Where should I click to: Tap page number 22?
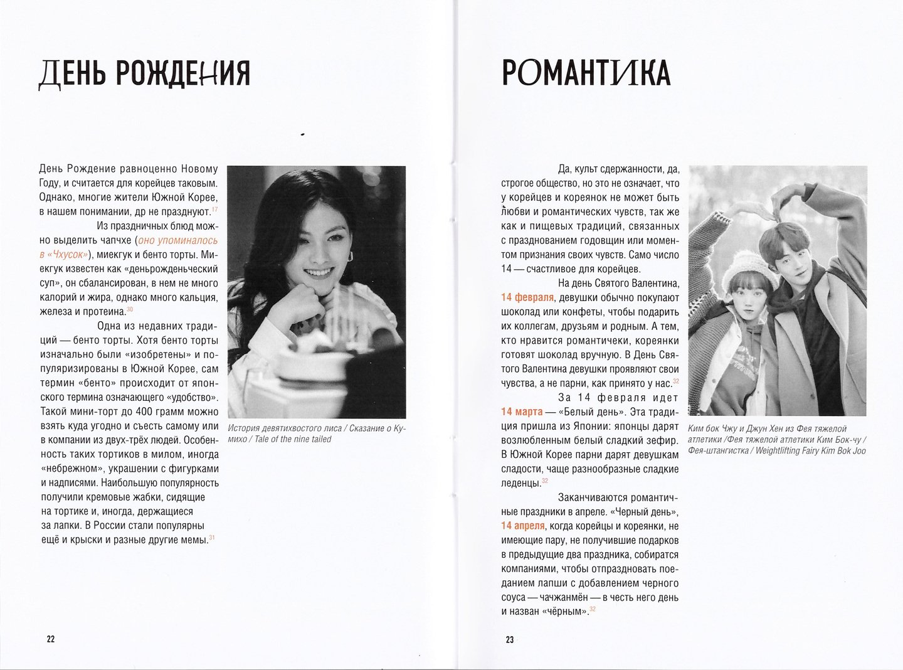pyautogui.click(x=51, y=639)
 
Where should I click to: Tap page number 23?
pyautogui.click(x=509, y=639)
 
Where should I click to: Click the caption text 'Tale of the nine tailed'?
pyautogui.click(x=290, y=439)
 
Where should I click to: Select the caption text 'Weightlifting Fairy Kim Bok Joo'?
pyautogui.click(x=811, y=450)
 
